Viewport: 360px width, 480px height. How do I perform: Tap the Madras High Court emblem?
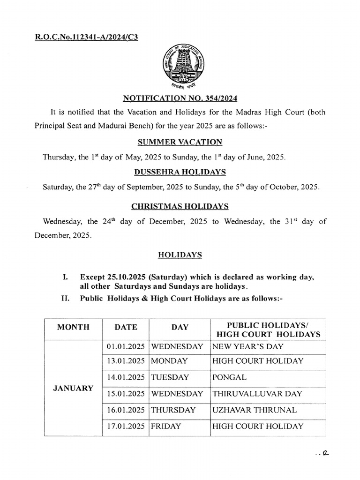click(x=180, y=65)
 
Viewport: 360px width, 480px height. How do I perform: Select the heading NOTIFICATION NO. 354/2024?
click(x=180, y=98)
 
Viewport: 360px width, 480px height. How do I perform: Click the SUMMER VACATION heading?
click(x=180, y=142)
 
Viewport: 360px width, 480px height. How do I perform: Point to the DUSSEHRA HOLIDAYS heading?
click(x=180, y=172)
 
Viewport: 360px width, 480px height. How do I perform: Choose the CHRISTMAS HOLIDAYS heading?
click(x=180, y=206)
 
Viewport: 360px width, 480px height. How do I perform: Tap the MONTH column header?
click(x=73, y=328)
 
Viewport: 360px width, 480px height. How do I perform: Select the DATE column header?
click(x=126, y=328)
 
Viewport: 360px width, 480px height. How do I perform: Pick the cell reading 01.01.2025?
click(x=126, y=347)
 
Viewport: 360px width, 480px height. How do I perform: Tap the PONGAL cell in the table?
click(x=229, y=377)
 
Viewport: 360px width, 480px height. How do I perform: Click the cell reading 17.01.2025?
click(x=126, y=427)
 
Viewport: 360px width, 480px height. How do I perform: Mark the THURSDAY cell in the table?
click(x=173, y=410)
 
